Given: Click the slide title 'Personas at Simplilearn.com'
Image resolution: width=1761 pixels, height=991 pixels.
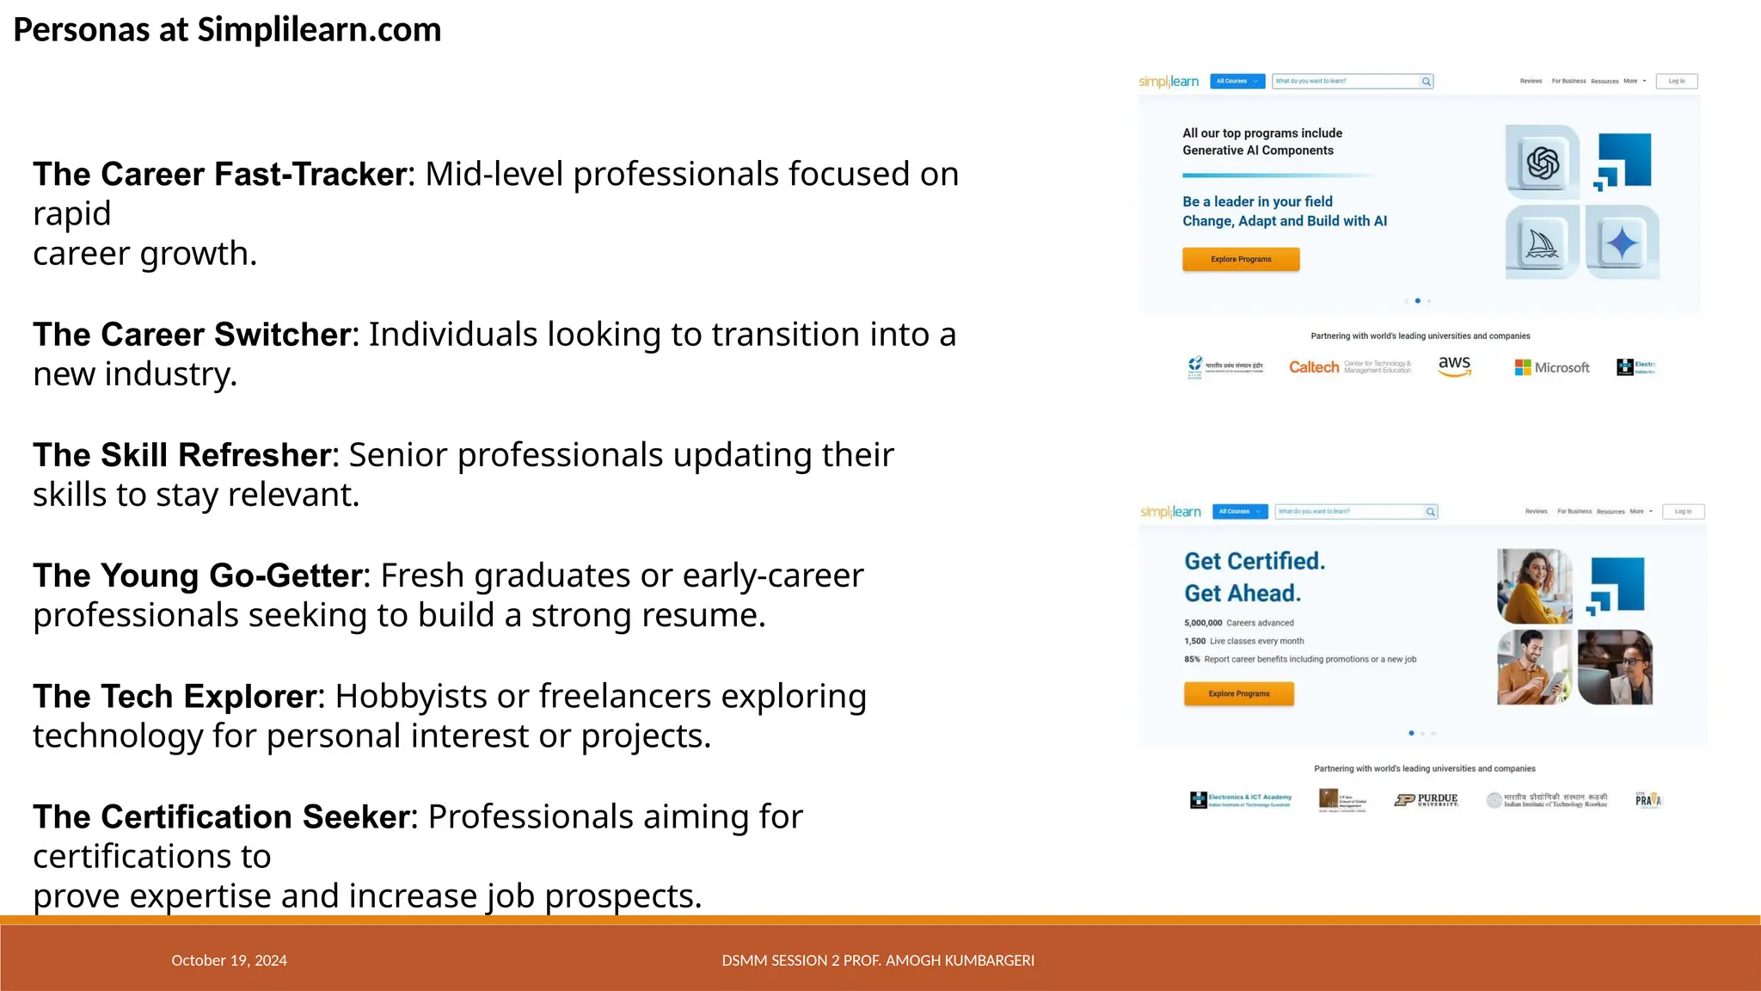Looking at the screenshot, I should pyautogui.click(x=227, y=30).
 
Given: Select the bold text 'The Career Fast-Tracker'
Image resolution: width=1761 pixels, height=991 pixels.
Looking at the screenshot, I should pyautogui.click(x=219, y=175).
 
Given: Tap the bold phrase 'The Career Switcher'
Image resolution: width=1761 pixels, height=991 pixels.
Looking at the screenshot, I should pyautogui.click(x=193, y=335).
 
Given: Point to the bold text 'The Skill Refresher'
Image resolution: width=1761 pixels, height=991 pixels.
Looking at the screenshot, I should pyautogui.click(x=181, y=455).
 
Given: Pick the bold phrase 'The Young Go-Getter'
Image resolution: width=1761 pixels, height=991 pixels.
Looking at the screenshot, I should pyautogui.click(x=197, y=576).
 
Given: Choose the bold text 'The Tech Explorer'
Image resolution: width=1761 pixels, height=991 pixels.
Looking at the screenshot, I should pyautogui.click(x=175, y=696).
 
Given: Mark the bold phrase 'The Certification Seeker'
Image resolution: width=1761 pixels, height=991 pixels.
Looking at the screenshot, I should pyautogui.click(x=221, y=816).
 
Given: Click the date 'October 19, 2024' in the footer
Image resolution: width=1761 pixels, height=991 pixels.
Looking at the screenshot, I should pyautogui.click(x=229, y=960).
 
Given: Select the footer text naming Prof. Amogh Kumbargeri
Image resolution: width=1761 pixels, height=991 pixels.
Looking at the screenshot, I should pyautogui.click(x=878, y=960).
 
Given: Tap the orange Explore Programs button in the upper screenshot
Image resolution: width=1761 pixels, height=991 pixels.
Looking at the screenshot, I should pyautogui.click(x=1241, y=259).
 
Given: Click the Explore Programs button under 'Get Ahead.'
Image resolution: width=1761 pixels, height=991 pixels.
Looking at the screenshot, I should pyautogui.click(x=1238, y=693).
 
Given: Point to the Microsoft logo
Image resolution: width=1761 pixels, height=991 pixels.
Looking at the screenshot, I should pyautogui.click(x=1552, y=367).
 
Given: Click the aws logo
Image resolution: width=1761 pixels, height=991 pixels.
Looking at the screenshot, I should pyautogui.click(x=1455, y=366).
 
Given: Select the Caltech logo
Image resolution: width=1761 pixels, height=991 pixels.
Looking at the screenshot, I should pyautogui.click(x=1314, y=367).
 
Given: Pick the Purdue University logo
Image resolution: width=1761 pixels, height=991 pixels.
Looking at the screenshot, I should pyautogui.click(x=1427, y=799).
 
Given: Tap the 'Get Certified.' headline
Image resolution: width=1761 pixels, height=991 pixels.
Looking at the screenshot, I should pyautogui.click(x=1255, y=561).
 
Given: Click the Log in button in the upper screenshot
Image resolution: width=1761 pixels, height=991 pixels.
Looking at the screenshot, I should pyautogui.click(x=1677, y=81).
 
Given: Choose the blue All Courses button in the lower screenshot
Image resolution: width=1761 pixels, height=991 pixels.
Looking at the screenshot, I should pyautogui.click(x=1240, y=511).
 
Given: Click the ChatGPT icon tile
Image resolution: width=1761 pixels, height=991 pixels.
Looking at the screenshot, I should pyautogui.click(x=1543, y=163).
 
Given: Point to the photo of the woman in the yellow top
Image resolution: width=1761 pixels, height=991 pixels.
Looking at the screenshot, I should pyautogui.click(x=1534, y=586).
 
